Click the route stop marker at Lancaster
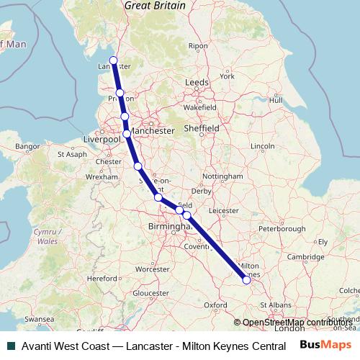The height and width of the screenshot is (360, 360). coord(113,60)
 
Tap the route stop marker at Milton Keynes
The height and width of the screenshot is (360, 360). coord(247,281)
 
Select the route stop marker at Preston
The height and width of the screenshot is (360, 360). coord(120,94)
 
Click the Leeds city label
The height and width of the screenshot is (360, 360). coord(197,83)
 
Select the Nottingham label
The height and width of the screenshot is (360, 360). coord(223,176)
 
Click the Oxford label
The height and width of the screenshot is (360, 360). coord(215,305)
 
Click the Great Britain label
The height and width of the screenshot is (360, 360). coord(155,6)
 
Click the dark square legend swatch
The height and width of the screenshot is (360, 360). coord(9,346)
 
